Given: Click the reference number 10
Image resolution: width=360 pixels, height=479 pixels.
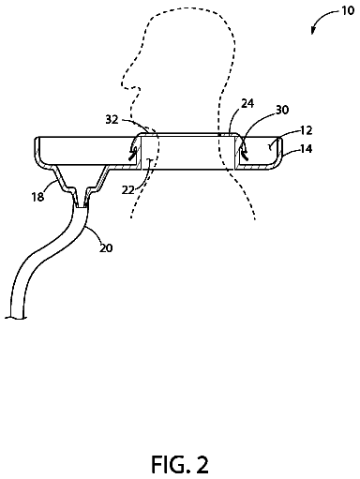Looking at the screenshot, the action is (348, 10).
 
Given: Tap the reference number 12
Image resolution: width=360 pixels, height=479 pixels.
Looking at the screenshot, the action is (307, 130).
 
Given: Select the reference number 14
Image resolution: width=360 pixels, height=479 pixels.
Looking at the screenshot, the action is (307, 149).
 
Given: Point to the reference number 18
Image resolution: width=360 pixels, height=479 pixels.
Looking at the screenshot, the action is (37, 197).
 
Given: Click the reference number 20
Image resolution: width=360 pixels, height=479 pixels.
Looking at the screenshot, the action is (106, 247).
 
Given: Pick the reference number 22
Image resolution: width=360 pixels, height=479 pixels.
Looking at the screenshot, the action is (127, 189).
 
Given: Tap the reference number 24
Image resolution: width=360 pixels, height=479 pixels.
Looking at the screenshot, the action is (247, 103).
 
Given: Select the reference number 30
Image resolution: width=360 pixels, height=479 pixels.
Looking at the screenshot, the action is (282, 110).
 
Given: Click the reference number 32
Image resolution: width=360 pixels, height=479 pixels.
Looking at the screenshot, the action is (112, 119).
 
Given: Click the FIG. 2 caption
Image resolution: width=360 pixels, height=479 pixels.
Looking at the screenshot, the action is (180, 465).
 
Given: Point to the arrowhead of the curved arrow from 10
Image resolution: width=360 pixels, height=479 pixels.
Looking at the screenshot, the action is (313, 31).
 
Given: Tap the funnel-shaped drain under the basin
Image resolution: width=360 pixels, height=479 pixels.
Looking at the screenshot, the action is (82, 183).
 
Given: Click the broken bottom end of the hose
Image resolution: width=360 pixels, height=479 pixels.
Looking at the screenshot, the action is (15, 318).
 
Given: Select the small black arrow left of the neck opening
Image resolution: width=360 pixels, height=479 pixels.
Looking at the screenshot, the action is (133, 150).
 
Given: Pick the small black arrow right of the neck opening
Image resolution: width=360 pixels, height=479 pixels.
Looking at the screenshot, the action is (244, 152).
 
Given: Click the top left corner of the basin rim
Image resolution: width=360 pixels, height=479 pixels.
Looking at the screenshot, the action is (36, 138).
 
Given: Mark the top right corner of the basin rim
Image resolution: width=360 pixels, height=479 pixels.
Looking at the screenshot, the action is (281, 138).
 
